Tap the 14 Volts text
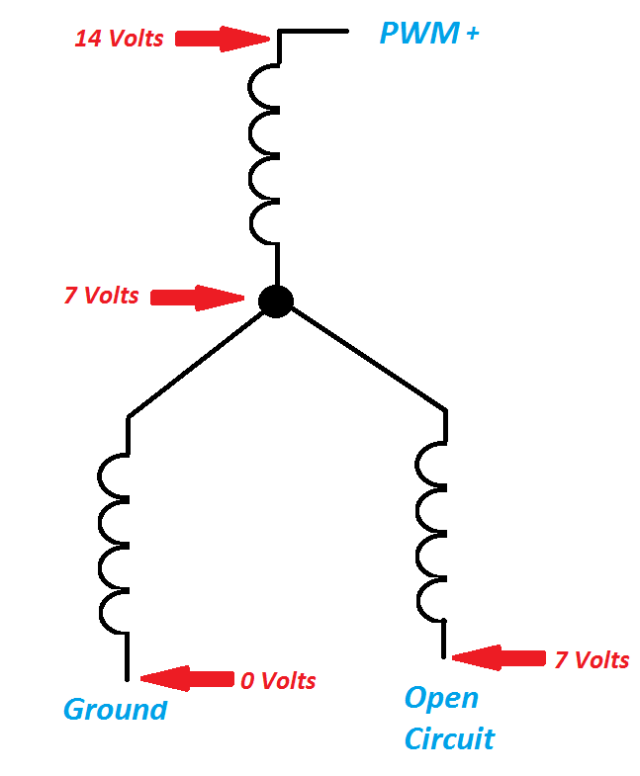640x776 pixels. (x=119, y=40)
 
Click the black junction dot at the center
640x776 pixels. (x=276, y=301)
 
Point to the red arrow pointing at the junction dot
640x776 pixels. (x=197, y=297)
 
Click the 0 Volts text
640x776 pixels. (x=278, y=680)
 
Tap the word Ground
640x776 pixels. (x=115, y=709)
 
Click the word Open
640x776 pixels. (x=441, y=698)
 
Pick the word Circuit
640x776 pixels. (x=449, y=738)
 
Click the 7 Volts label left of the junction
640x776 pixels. (x=102, y=295)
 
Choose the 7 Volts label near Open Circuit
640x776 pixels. (x=591, y=659)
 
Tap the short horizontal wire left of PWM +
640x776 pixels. (x=314, y=31)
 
